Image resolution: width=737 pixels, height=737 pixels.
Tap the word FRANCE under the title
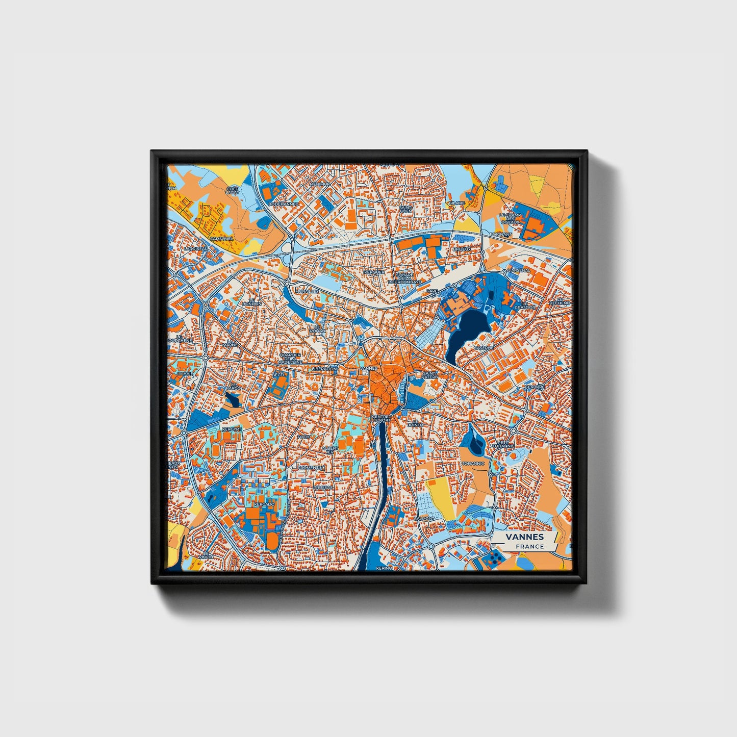(x=529, y=546)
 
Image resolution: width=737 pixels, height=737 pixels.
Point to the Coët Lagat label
(x=232, y=191)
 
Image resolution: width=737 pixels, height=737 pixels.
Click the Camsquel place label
(x=221, y=238)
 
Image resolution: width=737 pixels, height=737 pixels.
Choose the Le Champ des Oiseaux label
(x=510, y=219)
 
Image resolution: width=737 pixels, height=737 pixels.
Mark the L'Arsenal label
(x=516, y=270)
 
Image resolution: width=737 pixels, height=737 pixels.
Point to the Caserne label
(x=484, y=348)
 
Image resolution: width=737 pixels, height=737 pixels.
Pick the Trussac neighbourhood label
(x=323, y=487)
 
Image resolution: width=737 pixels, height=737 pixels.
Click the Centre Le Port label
(x=382, y=418)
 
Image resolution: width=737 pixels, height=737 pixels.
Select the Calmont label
(x=424, y=518)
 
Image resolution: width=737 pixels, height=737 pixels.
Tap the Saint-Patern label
(x=429, y=376)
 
